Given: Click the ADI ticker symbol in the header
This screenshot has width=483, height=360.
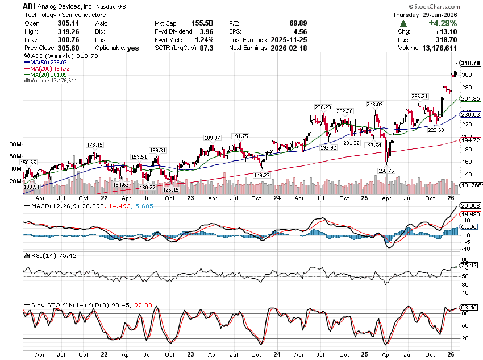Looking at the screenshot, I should pos(30,5).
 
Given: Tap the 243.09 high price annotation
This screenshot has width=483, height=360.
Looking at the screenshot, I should pos(375,105).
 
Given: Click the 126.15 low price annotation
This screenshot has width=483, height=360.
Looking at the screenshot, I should pos(171,190).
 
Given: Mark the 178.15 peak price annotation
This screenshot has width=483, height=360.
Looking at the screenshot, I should pos(95,145).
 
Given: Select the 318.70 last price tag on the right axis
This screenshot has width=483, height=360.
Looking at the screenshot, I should pos(471,63).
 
